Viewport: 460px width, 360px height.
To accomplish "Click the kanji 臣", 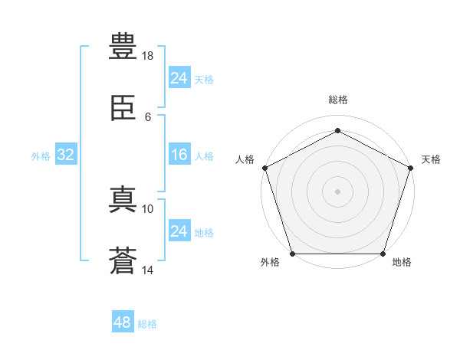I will pyautogui.click(x=123, y=108).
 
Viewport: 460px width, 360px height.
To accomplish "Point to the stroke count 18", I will pyautogui.click(x=148, y=56).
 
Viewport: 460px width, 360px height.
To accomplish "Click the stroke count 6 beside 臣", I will pyautogui.click(x=148, y=116).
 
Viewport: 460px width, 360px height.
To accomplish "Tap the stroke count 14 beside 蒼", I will pyautogui.click(x=148, y=270).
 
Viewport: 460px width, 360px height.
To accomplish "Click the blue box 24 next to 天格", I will pyautogui.click(x=179, y=78).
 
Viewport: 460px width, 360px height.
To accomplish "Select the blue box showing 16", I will pyautogui.click(x=179, y=155).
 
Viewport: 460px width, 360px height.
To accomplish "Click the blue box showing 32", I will pyautogui.click(x=66, y=155).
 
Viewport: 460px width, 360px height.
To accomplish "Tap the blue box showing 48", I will pyautogui.click(x=122, y=322).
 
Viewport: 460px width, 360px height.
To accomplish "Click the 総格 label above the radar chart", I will pyautogui.click(x=338, y=100).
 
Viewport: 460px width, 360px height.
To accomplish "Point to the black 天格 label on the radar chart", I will pyautogui.click(x=431, y=159).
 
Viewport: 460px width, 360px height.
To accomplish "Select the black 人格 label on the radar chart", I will pyautogui.click(x=245, y=159).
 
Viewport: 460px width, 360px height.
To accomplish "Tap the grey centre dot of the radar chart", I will pyautogui.click(x=337, y=191).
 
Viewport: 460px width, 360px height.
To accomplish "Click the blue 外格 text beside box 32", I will pyautogui.click(x=41, y=156).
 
